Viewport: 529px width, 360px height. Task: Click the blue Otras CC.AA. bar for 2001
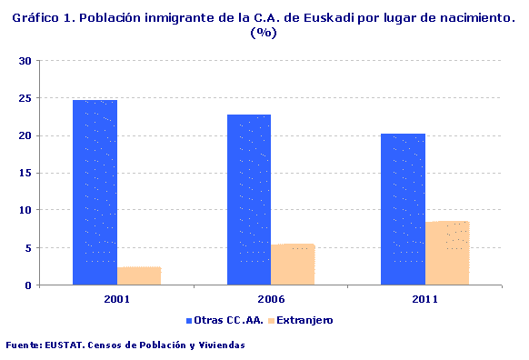point(95,193)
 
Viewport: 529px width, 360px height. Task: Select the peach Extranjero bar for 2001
point(139,275)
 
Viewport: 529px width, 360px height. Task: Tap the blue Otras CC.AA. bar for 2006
point(249,200)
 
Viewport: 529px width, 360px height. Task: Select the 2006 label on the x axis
point(271,298)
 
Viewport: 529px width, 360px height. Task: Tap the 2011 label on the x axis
point(424,298)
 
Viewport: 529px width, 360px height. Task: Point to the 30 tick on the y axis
point(25,61)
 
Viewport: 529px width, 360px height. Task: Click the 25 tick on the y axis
point(25,98)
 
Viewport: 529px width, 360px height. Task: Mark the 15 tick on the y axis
point(25,173)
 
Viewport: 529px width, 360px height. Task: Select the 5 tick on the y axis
point(29,248)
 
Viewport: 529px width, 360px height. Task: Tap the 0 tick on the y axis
point(29,285)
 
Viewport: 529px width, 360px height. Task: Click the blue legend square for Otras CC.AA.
point(189,321)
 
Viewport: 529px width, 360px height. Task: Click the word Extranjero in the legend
point(304,321)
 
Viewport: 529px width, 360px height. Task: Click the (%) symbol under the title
point(263,33)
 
